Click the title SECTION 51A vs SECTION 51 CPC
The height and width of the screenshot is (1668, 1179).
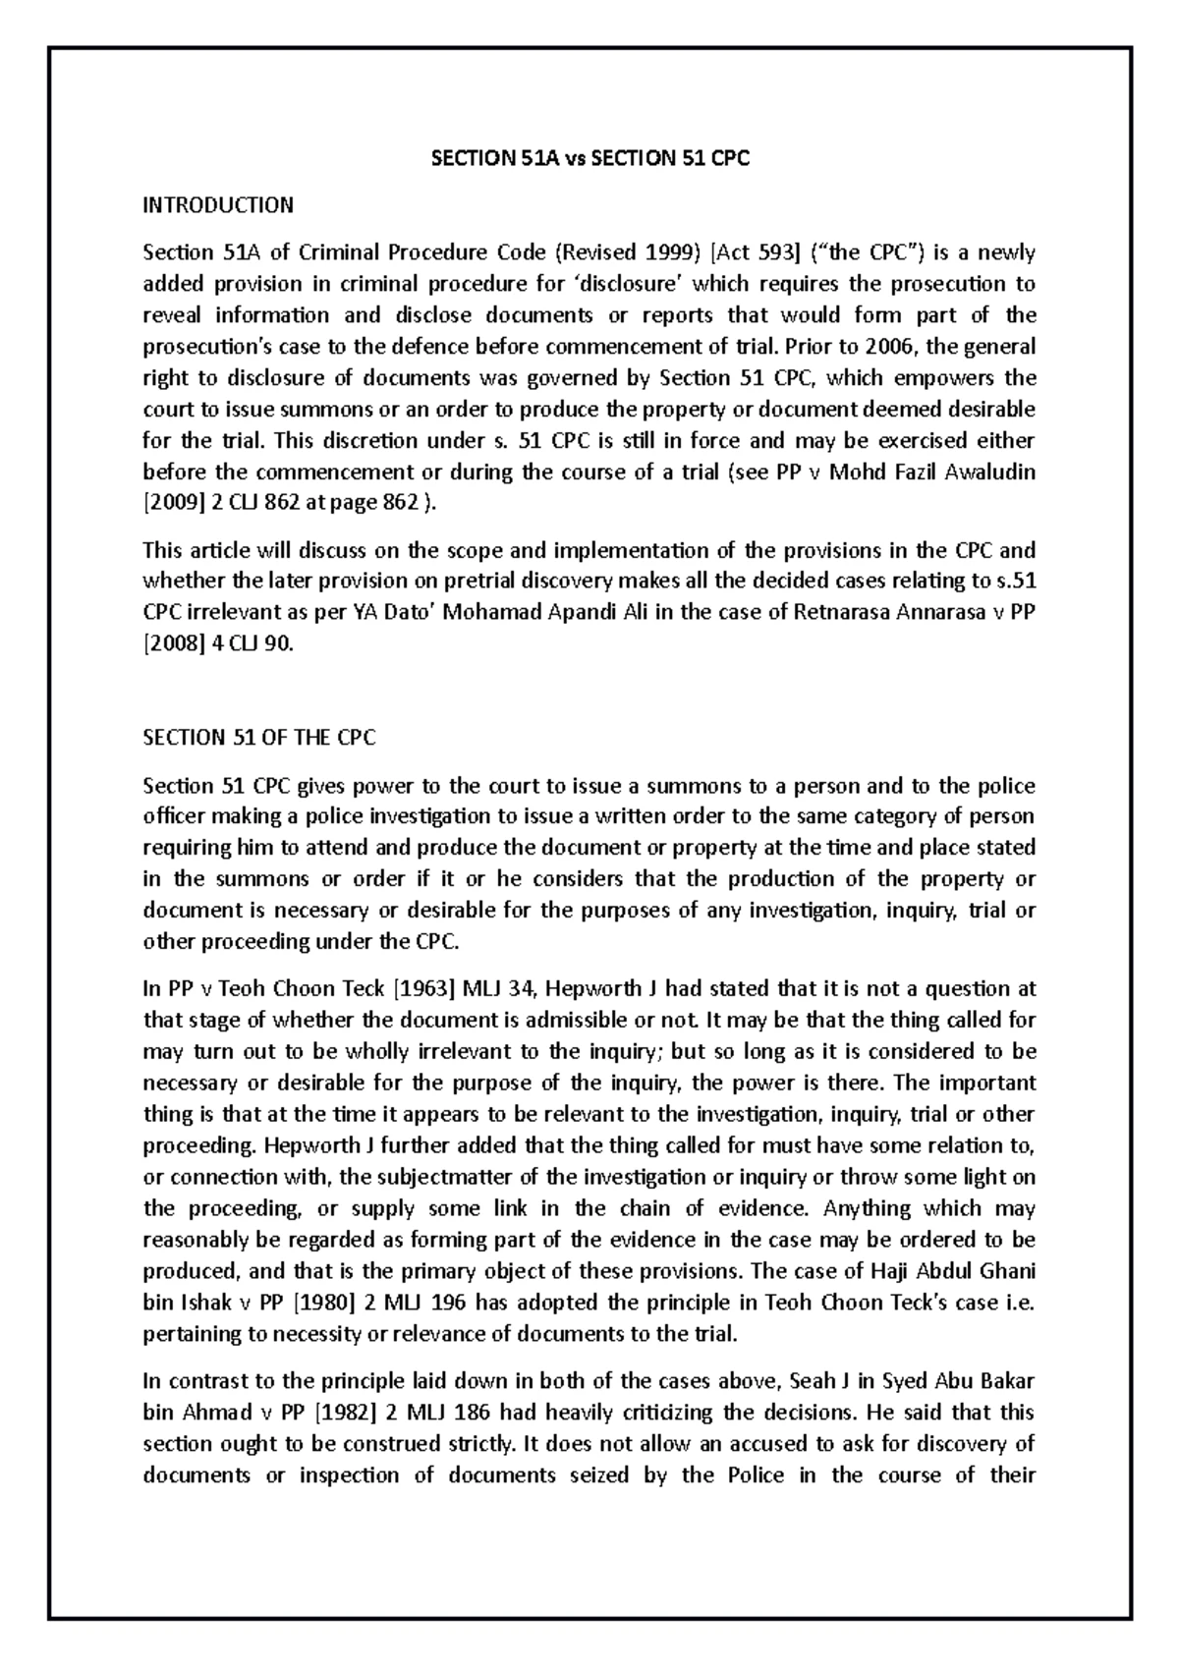pos(590,158)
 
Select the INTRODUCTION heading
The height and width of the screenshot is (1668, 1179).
pos(218,205)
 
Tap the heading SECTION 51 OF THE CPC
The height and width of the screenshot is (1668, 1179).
pos(259,738)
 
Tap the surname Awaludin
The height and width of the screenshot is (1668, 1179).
pos(989,472)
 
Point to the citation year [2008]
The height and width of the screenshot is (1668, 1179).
pos(174,644)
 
